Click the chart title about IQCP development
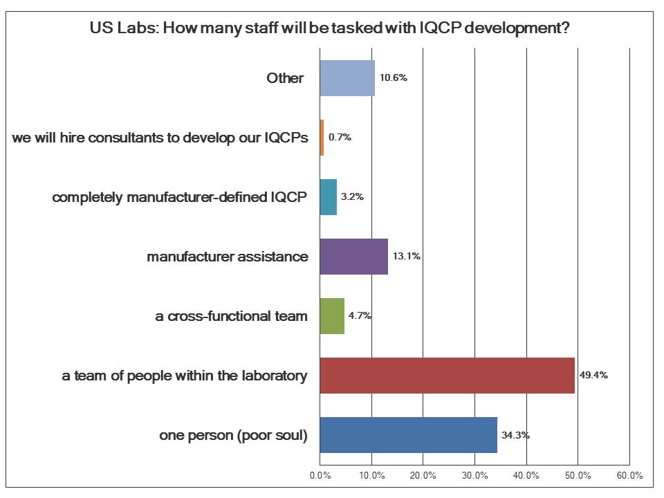[x=334, y=29]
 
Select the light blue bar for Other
[x=347, y=77]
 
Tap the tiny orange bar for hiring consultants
[x=322, y=137]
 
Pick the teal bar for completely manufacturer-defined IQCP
[x=329, y=196]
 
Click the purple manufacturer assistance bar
[x=353, y=256]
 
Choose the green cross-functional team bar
[x=332, y=315]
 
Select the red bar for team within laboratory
[x=447, y=376]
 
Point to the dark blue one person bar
[x=408, y=435]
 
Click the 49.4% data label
[x=593, y=376]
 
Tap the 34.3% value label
[x=515, y=435]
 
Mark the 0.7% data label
[x=340, y=137]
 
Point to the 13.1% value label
[x=406, y=256]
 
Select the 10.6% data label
[x=393, y=77]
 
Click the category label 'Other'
[x=285, y=78]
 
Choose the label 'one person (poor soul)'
[x=233, y=435]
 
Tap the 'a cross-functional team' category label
[x=231, y=316]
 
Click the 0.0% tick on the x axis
[x=320, y=475]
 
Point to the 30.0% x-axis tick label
[x=474, y=475]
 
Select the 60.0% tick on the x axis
[x=629, y=475]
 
